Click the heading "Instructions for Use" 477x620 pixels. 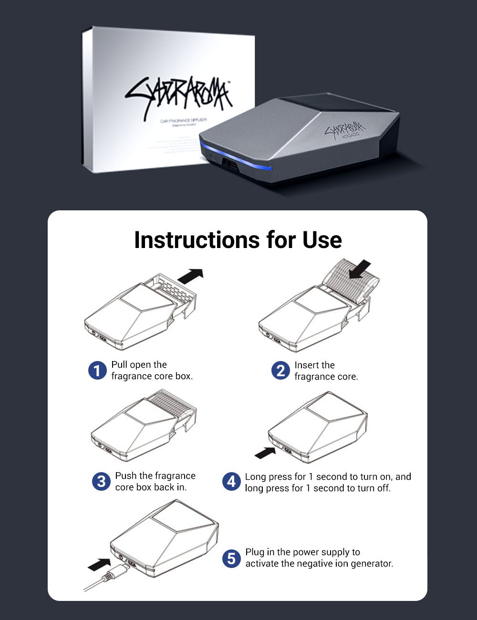[x=238, y=240]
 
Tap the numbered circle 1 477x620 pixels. [x=97, y=371]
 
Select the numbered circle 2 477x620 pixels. [x=280, y=371]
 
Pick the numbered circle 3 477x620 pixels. [x=101, y=481]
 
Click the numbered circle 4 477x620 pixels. [x=231, y=482]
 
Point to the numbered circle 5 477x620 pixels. [x=231, y=558]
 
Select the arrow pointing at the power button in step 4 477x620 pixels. [x=265, y=453]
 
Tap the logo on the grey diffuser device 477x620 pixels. [x=344, y=129]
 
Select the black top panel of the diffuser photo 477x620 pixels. [x=334, y=104]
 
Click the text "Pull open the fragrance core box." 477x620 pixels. [x=152, y=371]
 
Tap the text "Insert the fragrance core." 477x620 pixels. [x=326, y=371]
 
